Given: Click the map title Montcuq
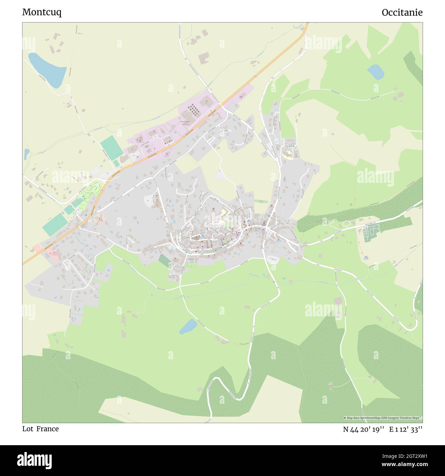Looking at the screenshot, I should pos(42,12).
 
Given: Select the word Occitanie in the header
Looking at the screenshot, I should pos(402,12).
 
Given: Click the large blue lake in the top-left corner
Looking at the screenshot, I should pos(47,70).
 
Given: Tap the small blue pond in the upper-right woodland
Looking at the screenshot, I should pos(376,72).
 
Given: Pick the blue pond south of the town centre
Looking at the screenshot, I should pos(188,326).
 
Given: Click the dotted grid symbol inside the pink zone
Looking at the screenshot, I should pos(194,109).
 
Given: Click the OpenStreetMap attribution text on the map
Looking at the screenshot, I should pos(383,418).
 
